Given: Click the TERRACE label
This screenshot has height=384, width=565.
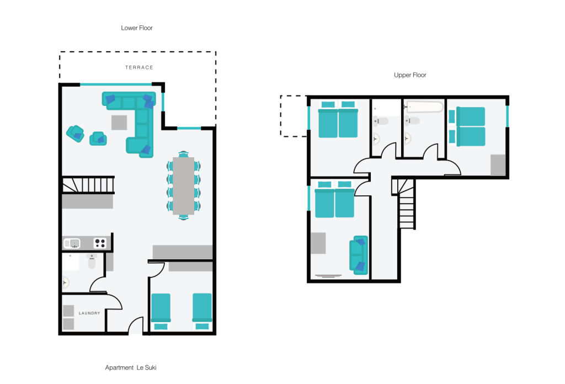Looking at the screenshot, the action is (139, 67).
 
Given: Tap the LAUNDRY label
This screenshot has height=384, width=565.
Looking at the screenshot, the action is (89, 313).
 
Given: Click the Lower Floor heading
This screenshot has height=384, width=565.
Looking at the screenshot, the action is (137, 28).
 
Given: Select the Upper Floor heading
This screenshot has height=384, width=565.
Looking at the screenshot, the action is (410, 75).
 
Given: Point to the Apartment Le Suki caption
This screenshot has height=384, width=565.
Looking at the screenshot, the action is (131, 367).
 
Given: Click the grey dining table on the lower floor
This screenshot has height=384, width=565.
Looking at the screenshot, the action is (183, 186).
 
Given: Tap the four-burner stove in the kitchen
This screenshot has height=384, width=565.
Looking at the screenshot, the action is (100, 243).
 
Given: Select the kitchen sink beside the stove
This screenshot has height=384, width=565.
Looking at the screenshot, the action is (72, 243).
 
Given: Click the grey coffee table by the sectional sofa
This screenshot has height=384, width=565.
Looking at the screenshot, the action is (119, 122).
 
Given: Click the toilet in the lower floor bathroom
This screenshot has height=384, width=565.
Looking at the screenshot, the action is (92, 261).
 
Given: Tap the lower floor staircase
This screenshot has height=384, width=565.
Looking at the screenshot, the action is (88, 185).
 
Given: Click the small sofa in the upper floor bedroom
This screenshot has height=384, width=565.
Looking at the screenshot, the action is (359, 255).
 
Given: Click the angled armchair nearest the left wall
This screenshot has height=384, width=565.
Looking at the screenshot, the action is (75, 134).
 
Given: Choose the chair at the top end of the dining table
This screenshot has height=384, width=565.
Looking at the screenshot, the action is (183, 154).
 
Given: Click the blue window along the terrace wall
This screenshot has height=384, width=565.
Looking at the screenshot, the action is (116, 84).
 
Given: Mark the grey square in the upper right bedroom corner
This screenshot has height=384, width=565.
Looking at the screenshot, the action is (498, 165).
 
